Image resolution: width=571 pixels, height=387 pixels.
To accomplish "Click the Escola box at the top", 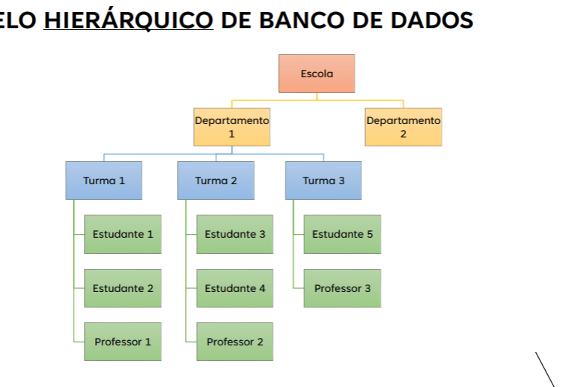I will tap(317, 74).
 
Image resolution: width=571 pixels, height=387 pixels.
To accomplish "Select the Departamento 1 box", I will tap(232, 127).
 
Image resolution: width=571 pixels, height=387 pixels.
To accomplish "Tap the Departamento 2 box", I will tap(403, 127).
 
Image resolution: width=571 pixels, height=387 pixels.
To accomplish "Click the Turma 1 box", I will tap(104, 181).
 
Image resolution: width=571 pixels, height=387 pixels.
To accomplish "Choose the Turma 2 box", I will tap(216, 181).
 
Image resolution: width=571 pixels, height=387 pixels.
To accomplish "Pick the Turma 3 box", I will tap(323, 181).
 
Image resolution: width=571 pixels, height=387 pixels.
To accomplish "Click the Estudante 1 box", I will tap(123, 234).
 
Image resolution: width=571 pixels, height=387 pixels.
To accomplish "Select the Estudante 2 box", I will tap(123, 288).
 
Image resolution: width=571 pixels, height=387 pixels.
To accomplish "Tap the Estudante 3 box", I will tap(235, 234).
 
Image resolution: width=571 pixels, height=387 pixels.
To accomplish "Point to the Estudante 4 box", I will tap(235, 288).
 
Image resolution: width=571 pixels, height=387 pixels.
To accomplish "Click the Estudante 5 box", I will tap(342, 234).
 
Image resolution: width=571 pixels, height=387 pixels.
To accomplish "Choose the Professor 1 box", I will tap(123, 342).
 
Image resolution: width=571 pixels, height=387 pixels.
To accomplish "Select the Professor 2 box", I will tap(235, 342).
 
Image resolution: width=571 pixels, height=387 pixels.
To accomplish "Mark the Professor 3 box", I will tap(342, 288).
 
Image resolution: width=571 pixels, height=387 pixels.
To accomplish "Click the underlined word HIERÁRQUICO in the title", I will tap(129, 20).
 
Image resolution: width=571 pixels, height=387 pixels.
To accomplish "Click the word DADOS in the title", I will tap(432, 20).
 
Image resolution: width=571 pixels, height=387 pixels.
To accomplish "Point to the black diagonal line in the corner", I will tap(545, 368).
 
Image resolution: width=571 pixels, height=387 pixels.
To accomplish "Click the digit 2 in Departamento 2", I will tap(404, 134).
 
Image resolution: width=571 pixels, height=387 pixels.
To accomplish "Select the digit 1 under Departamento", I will tap(232, 134).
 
